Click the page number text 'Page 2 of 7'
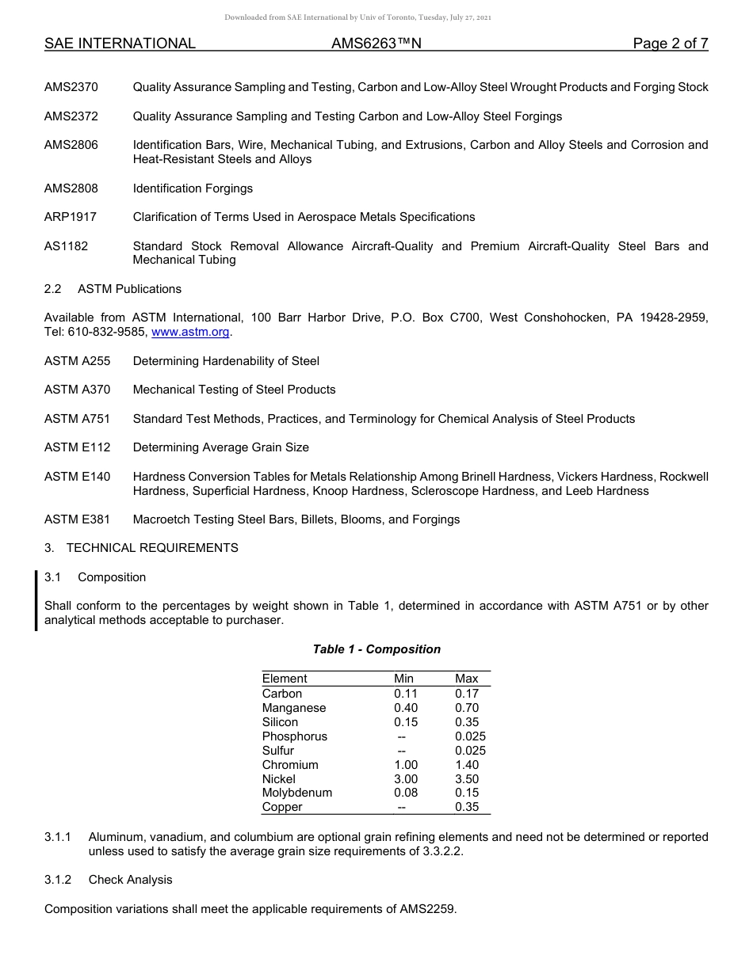pos(670,44)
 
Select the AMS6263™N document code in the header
pos(376,44)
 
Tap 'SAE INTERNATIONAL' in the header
pos(120,44)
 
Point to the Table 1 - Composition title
pos(376,649)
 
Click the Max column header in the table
pos(467,679)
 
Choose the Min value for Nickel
pos(406,779)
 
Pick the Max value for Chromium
pos(467,765)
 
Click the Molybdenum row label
pos(297,793)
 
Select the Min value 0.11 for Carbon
pos(406,694)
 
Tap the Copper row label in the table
pos(282,807)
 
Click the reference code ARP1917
pos(71,217)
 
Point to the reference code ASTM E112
pos(78,447)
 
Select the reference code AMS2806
pos(71,145)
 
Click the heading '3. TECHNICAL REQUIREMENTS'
pos(141,548)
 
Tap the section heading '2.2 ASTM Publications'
pos(113,289)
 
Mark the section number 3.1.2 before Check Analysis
pos(58,880)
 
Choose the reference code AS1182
pos(67,246)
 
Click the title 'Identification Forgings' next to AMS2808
pos(193,188)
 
